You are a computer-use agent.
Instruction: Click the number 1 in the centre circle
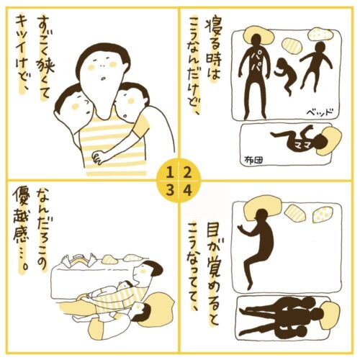170,173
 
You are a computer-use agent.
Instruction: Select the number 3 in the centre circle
170,191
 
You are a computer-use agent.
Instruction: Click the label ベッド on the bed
320,112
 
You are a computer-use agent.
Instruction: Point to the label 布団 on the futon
253,160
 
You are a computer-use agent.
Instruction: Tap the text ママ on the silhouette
302,144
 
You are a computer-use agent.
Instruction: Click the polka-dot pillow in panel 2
320,35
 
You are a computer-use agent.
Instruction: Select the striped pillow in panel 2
291,45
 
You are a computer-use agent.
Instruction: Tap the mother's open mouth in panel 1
102,78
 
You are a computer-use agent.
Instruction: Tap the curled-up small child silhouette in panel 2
287,76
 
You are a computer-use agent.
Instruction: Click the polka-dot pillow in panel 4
324,214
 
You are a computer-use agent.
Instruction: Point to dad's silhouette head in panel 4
262,215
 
